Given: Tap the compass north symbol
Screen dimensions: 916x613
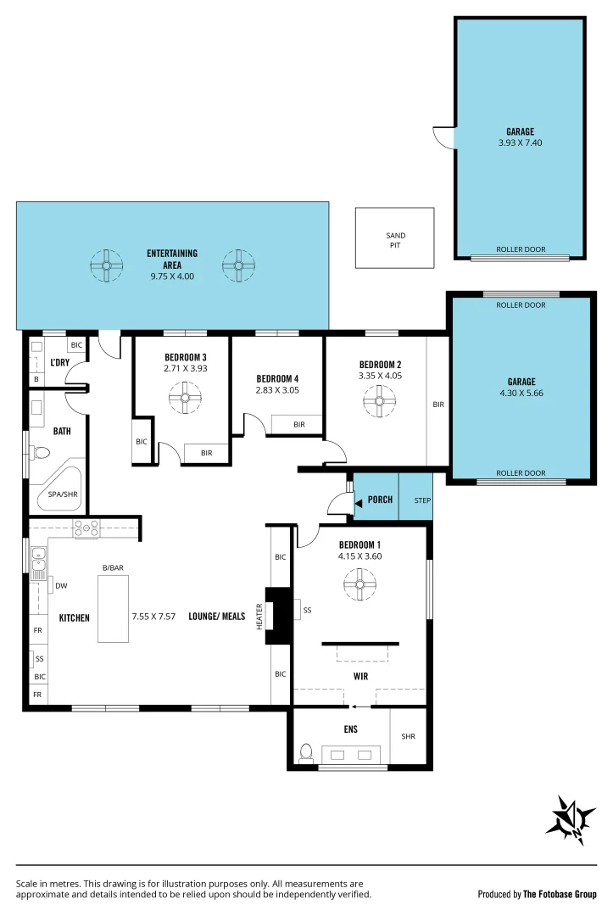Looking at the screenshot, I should point(571,820).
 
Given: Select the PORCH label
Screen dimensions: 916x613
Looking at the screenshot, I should point(380,500).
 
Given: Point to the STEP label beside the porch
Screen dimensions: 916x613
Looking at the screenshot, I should point(422,500).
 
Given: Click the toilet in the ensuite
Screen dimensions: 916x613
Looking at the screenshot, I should point(305,752).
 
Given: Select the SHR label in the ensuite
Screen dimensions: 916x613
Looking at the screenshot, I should point(409,736).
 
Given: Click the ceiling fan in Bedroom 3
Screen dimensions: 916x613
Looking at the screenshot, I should point(184,397).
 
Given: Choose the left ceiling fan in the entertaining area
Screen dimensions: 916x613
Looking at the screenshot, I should point(107,265).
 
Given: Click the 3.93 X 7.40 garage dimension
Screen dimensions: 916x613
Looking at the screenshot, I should point(520,143).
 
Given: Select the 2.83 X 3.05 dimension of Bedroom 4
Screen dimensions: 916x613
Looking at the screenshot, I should point(277,390).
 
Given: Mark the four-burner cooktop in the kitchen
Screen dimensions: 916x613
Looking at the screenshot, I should point(86,528).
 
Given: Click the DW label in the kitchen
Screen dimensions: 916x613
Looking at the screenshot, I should point(60,585).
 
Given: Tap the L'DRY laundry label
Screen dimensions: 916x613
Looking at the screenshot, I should point(59,362).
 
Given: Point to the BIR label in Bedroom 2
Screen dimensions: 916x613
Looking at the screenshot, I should point(438,405).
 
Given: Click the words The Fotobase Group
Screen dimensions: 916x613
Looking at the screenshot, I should point(560,894).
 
